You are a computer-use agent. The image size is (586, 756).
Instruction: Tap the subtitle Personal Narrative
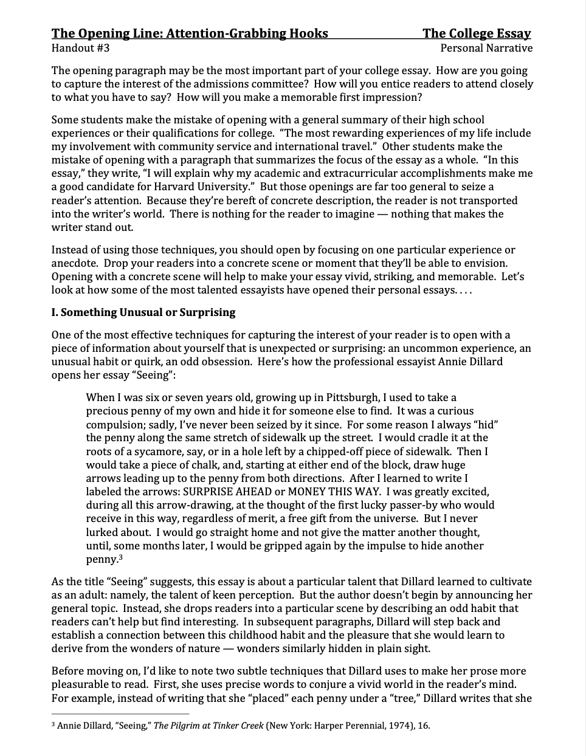tap(486, 48)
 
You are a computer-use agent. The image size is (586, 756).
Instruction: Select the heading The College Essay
tap(477, 33)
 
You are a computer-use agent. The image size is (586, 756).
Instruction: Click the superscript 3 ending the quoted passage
tap(121, 557)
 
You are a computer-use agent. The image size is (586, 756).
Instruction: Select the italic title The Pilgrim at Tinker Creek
tap(209, 725)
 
